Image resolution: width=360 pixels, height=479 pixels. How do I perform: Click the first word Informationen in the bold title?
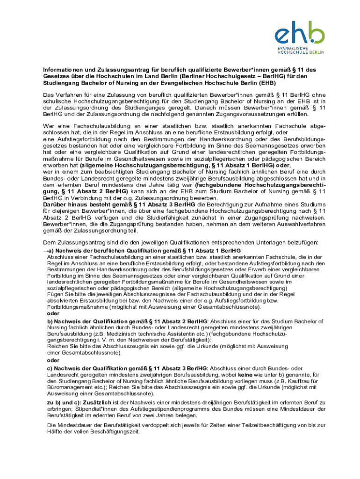tap(59, 71)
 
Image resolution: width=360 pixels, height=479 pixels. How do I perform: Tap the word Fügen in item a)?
tap(55, 294)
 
